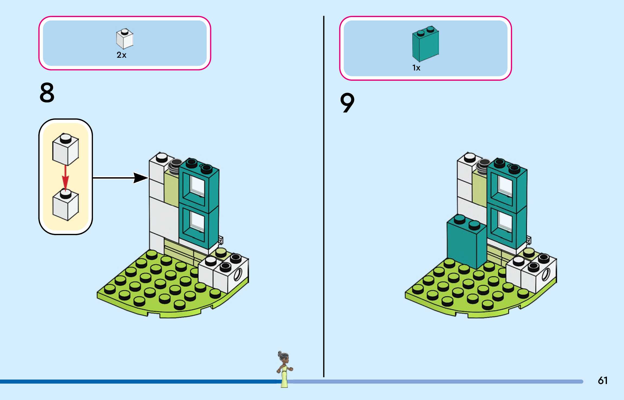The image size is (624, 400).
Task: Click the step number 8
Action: (47, 93)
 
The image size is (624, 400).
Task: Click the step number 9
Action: (347, 103)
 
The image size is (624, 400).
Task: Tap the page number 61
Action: (603, 380)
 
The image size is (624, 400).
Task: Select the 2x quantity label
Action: (121, 55)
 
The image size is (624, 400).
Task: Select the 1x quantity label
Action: (416, 68)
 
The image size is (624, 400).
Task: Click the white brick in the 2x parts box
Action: (124, 39)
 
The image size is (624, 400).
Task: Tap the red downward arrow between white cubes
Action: (65, 178)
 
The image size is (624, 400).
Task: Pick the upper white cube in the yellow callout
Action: (66, 149)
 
